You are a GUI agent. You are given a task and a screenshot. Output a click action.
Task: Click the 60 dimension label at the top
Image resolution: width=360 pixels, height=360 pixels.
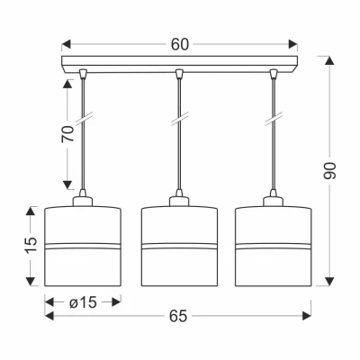[180, 44]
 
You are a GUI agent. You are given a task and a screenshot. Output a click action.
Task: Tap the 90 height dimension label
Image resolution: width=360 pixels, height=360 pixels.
[329, 170]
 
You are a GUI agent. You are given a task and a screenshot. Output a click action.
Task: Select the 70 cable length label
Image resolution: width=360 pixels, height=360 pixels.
[67, 133]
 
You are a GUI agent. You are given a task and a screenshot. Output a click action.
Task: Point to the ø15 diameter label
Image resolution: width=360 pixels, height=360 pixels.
[83, 302]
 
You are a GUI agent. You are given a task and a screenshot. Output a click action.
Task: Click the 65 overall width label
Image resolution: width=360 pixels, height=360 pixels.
[178, 316]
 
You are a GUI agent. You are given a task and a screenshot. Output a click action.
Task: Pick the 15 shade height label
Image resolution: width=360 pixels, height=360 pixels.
[31, 246]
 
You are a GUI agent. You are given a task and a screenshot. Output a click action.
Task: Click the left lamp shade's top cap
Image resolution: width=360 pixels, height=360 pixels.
[83, 202]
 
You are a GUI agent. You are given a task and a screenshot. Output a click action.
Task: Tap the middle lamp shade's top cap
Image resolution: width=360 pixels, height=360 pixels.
[179, 202]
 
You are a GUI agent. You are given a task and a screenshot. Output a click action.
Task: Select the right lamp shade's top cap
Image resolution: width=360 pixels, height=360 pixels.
[273, 202]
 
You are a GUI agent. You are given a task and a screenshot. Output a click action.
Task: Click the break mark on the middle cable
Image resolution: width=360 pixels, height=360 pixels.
[180, 118]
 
